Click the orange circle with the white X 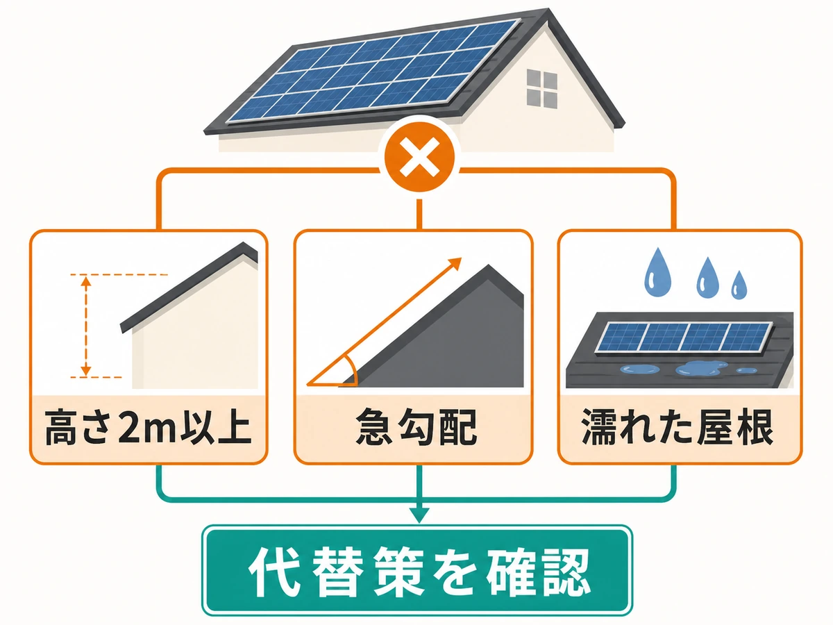pos(419,157)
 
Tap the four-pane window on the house pos(542,88)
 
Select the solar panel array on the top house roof pos(373,71)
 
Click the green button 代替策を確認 pos(417,570)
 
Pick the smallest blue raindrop pos(739,285)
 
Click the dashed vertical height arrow pos(86,326)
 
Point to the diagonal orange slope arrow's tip pos(461,258)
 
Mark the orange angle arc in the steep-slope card pos(351,369)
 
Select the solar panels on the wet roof pos(683,337)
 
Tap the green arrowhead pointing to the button pos(419,515)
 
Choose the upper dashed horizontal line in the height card pos(119,274)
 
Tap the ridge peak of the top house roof pos(548,9)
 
